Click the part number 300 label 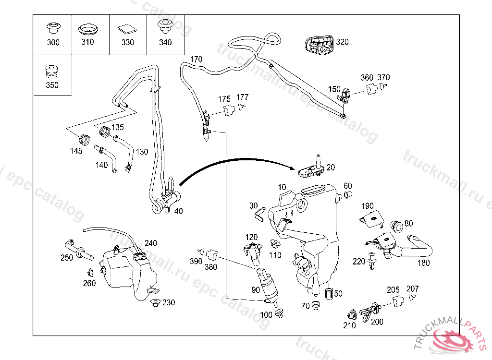click(53, 42)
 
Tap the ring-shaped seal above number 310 click(88, 28)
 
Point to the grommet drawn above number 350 click(52, 72)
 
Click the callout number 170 click(196, 60)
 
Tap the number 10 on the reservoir click(282, 187)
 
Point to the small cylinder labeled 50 click(329, 292)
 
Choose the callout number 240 click(150, 243)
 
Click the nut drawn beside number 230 click(155, 303)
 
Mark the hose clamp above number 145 click(86, 140)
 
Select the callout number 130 click(142, 152)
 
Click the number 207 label click(412, 289)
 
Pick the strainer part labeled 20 click(309, 169)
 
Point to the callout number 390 click(196, 261)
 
